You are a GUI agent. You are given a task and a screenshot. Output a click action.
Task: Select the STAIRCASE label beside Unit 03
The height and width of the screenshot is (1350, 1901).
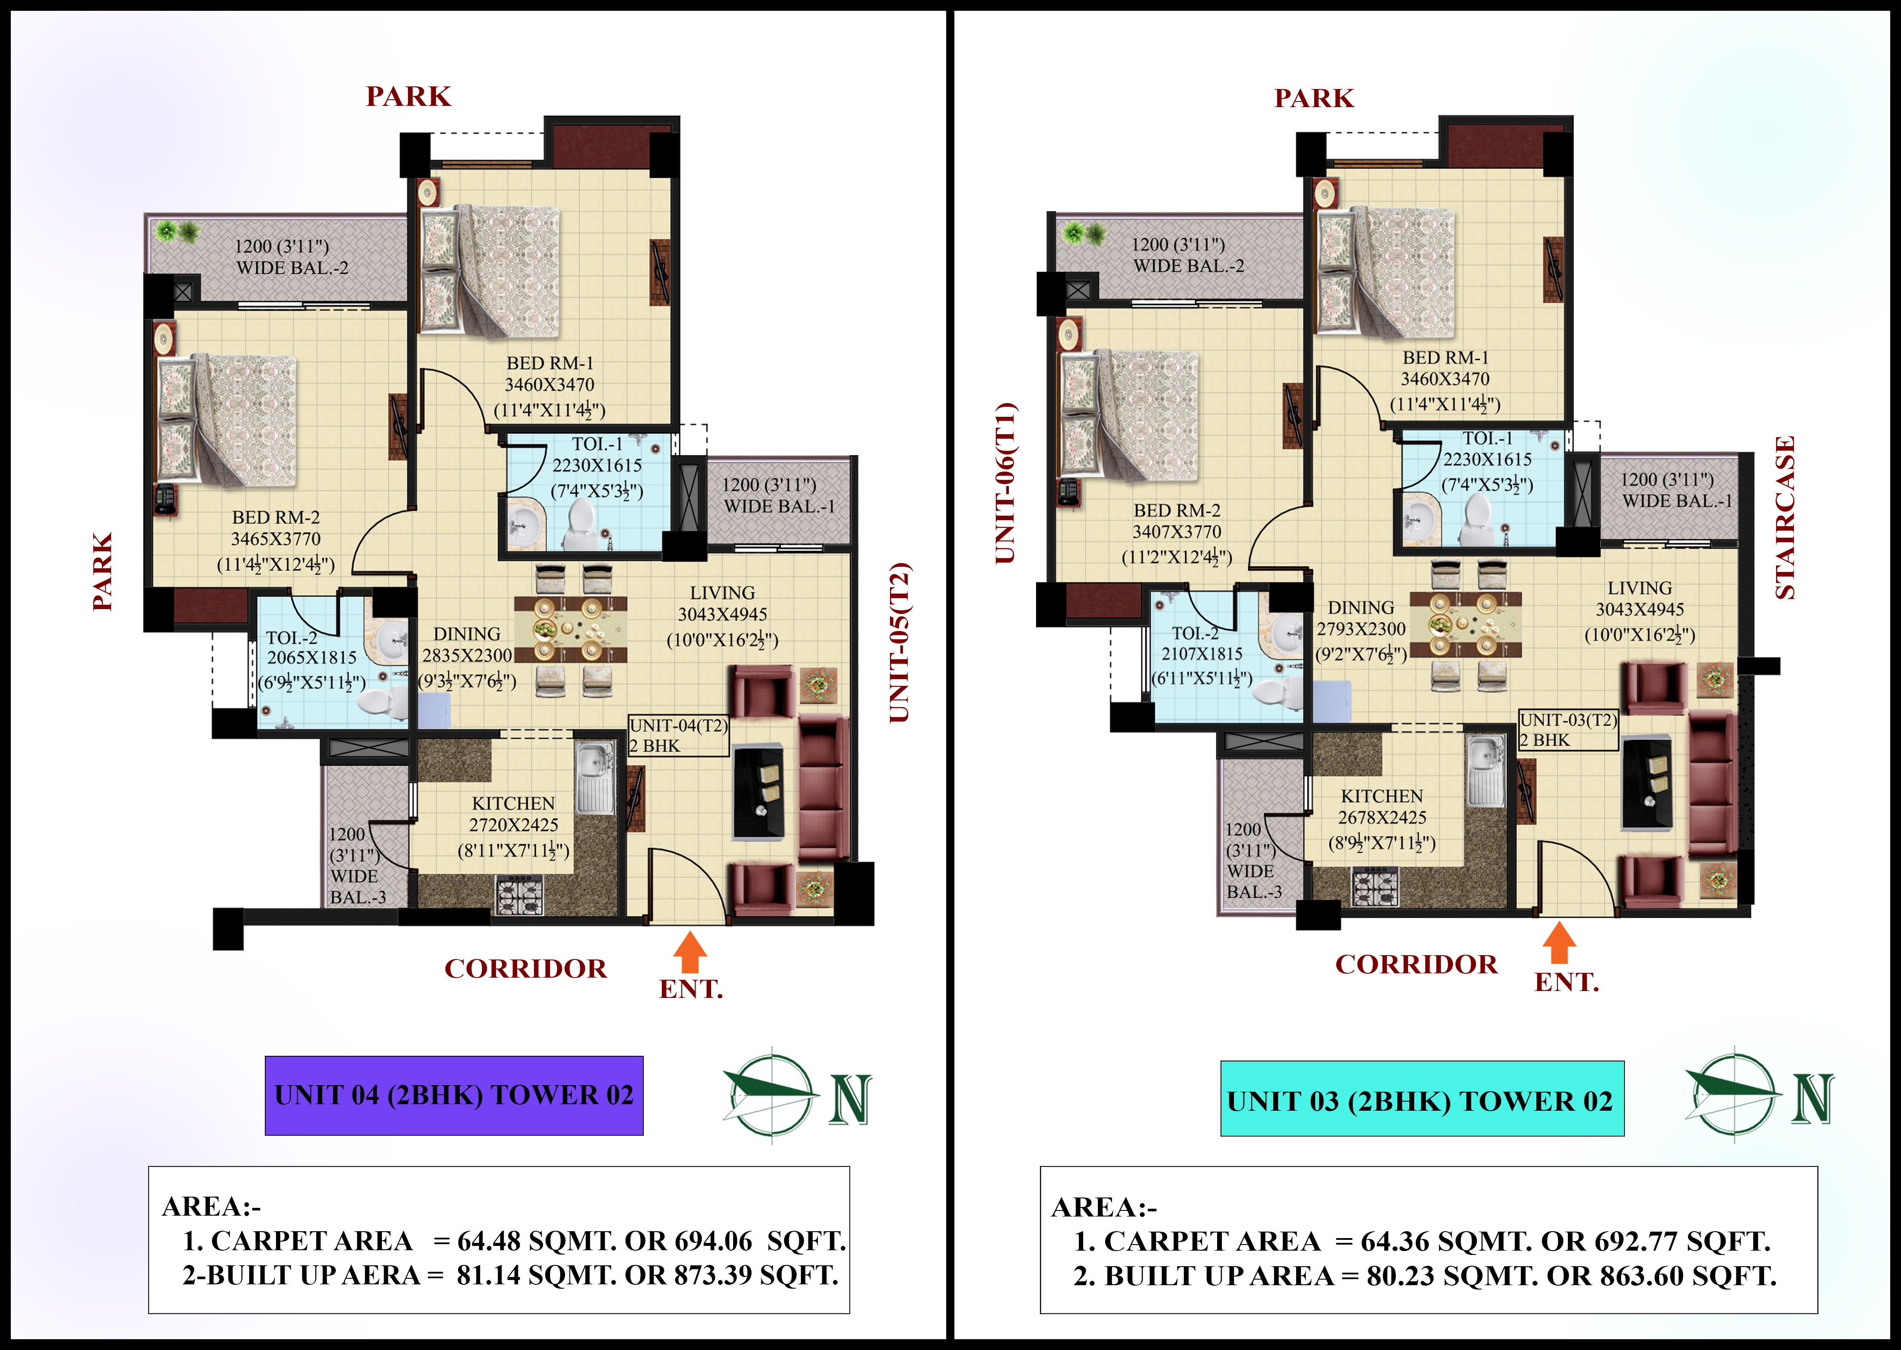(x=1786, y=517)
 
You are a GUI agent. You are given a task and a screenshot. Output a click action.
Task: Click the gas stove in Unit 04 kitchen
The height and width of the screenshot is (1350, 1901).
(x=519, y=895)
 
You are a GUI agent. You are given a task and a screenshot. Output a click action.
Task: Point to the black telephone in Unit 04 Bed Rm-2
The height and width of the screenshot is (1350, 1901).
(x=165, y=499)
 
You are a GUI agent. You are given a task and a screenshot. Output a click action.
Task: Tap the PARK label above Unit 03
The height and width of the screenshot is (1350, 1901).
(x=1314, y=98)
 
